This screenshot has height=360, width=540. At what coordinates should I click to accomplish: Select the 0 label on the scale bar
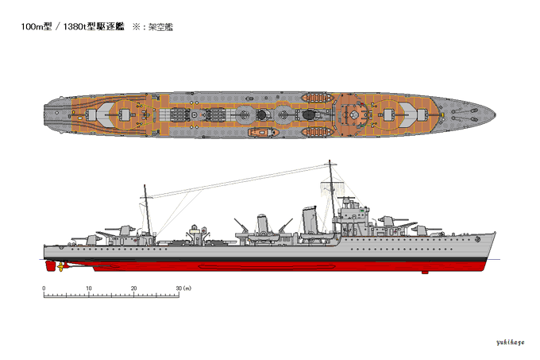(44, 288)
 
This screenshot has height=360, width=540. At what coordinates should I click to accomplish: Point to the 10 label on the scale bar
(89, 288)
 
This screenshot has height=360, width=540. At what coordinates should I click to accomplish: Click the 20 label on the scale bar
(134, 288)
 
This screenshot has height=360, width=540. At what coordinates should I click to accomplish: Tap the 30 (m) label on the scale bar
(183, 288)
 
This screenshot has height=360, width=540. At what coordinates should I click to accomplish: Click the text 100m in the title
(33, 26)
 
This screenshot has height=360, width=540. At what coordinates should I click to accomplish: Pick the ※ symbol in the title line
(136, 26)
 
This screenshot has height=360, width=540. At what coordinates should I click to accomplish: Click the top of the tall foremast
(330, 162)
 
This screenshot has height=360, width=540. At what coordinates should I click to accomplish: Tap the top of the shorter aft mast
(145, 187)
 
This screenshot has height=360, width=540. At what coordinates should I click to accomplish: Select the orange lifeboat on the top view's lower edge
(260, 134)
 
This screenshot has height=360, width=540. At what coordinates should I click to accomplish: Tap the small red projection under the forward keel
(425, 272)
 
